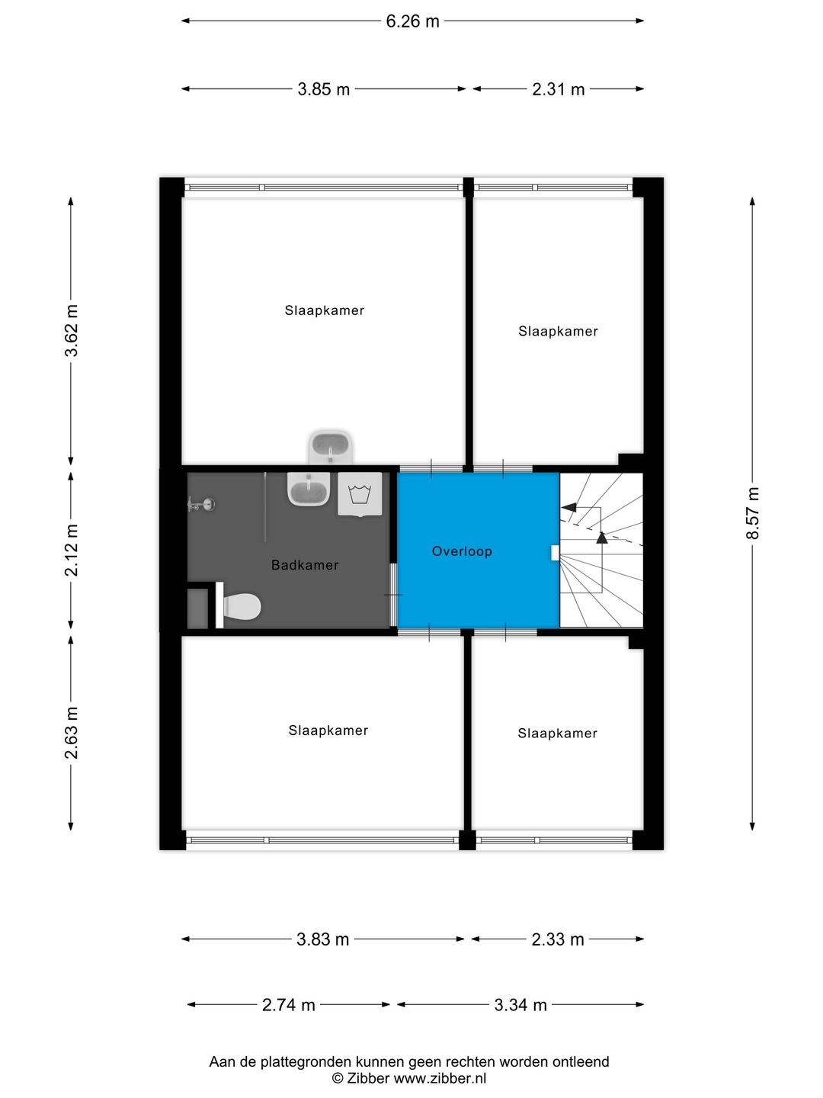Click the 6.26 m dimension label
click(412, 21)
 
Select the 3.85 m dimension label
click(323, 89)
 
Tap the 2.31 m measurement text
click(558, 89)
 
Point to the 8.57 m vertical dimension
click(753, 513)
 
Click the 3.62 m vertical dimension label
click(72, 331)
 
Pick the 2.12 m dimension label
click(72, 551)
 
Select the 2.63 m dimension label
click(72, 733)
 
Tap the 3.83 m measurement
click(322, 939)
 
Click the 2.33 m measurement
click(557, 939)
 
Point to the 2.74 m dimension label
click(288, 1005)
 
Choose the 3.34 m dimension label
click(520, 1005)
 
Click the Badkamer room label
click(305, 565)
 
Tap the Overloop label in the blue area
click(462, 551)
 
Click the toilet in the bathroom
click(241, 607)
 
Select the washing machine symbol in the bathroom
click(360, 494)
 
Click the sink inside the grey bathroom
click(309, 489)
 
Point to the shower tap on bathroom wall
click(203, 504)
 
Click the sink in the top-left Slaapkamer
click(331, 446)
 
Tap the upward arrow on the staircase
click(602, 537)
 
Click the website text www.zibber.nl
click(440, 1078)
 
